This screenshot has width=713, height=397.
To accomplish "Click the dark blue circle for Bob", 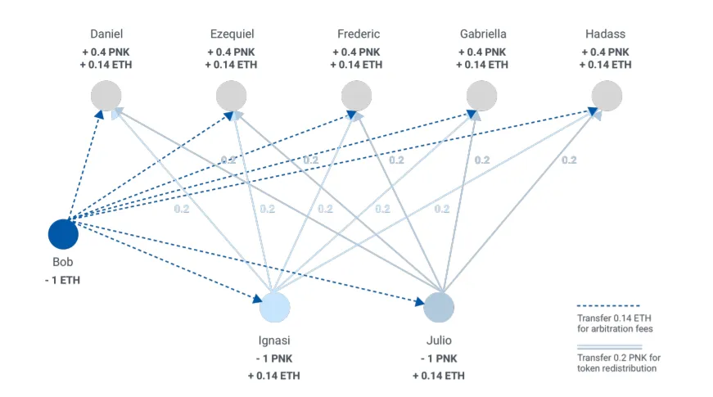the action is (x=63, y=234).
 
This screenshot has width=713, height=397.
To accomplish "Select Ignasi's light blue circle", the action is (x=275, y=308).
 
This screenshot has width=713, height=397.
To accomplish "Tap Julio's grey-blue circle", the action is (x=439, y=308).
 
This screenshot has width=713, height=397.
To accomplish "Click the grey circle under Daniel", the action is (x=106, y=96).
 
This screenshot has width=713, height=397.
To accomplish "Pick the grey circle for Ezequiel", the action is (x=231, y=96).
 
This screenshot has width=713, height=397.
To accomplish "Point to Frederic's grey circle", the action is (x=357, y=96).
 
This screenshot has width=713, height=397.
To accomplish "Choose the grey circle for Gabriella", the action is (x=481, y=96).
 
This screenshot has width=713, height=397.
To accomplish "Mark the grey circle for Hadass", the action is (x=607, y=96).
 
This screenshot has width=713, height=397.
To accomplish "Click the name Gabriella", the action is (x=483, y=34).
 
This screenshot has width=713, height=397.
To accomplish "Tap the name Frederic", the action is (x=359, y=34).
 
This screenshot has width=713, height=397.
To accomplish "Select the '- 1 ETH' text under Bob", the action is (x=63, y=280).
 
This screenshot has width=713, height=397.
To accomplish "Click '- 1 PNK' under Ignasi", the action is (x=274, y=359).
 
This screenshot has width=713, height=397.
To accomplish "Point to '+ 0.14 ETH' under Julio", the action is (x=439, y=376).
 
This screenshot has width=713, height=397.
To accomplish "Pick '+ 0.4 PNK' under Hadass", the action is (x=605, y=52).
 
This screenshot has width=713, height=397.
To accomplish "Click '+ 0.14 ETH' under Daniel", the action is (x=106, y=65).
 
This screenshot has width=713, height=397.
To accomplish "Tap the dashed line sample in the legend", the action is (x=609, y=305).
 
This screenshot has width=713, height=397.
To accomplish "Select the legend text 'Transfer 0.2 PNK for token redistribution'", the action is (x=619, y=363).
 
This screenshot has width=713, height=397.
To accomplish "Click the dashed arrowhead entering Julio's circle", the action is (x=419, y=302).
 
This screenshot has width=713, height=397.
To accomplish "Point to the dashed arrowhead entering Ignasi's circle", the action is (x=257, y=299).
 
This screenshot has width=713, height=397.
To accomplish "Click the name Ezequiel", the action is (x=232, y=34).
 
